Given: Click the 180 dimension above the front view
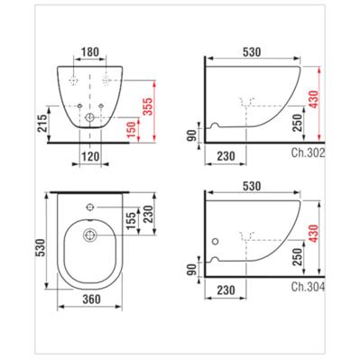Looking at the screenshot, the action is coord(90,52).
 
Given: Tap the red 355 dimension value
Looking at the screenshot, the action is coord(148,106).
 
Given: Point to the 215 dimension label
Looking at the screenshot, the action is coord(42,124).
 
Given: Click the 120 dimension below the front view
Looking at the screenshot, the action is coord(90,156).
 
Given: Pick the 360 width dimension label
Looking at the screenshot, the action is coord(91,299).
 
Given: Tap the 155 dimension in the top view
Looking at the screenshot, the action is coord(131,220).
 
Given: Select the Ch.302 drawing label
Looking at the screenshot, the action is coord(308,153).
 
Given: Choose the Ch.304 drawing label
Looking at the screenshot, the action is coord(308,287).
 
